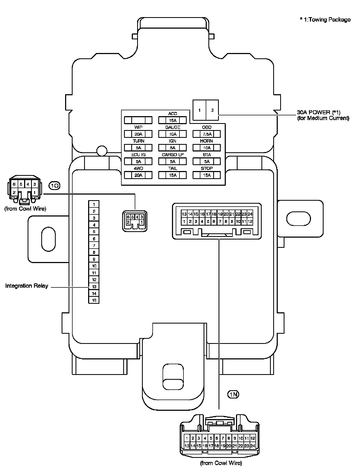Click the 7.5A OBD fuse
[207, 134]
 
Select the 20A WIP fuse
[138, 134]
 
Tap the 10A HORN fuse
[207, 148]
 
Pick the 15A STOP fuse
[207, 175]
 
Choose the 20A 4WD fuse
[138, 175]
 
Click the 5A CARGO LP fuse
[172, 161]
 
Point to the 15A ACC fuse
[172, 120]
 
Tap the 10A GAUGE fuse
[172, 134]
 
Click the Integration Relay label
[27, 286]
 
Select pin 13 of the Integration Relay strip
[94, 287]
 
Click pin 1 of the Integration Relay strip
[94, 204]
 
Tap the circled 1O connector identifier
[55, 185]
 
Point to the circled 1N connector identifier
[233, 394]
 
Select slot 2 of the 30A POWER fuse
[212, 110]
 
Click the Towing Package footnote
[325, 20]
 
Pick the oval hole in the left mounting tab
[48, 239]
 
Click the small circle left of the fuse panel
[102, 151]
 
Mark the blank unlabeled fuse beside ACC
[138, 120]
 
